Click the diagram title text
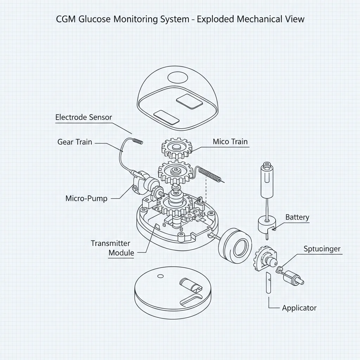180,19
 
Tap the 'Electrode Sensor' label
84,117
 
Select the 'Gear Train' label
75,142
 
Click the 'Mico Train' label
230,142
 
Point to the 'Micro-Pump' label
86,198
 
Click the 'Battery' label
297,217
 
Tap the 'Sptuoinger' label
322,249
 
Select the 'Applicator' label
299,308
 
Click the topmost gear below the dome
177,148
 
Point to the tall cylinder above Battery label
266,179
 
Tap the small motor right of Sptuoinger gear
294,277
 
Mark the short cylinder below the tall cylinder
266,224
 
